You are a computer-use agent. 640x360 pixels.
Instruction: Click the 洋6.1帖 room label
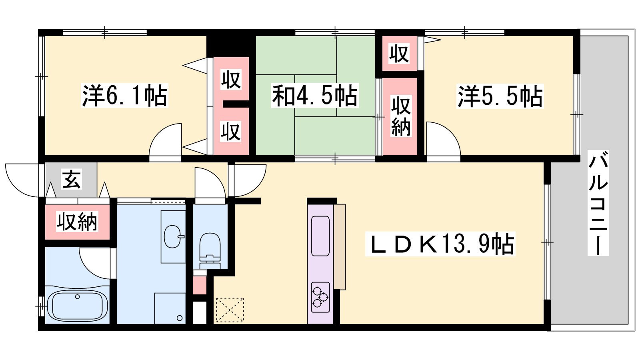point(125,96)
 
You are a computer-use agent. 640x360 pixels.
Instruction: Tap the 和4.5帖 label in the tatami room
point(314,96)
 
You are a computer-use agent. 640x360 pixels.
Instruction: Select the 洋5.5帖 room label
point(500,96)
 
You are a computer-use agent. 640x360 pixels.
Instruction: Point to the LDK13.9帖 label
point(440,244)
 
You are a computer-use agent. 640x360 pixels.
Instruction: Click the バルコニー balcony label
point(598,203)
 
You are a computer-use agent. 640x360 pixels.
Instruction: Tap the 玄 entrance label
point(72,179)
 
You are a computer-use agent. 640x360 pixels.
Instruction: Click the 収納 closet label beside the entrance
point(77,222)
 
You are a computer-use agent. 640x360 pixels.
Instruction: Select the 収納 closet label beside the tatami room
point(401,116)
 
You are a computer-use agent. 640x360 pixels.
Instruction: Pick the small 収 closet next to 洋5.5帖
point(399,53)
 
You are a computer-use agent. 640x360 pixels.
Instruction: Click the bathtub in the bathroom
point(77,308)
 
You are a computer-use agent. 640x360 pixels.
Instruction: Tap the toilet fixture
point(210,250)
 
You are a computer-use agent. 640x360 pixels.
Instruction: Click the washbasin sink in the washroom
point(173,236)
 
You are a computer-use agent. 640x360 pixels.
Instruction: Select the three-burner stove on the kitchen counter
point(320,297)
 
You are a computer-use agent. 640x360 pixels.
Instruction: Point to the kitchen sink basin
point(320,236)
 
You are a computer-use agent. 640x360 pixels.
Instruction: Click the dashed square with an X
point(230,310)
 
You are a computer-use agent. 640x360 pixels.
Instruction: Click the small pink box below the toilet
point(200,285)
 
